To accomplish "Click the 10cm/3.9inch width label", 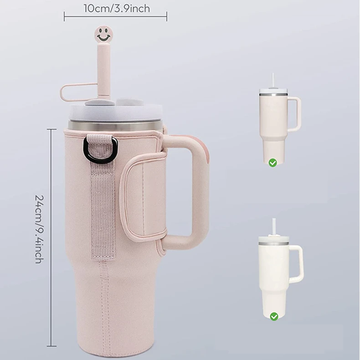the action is (x=117, y=9).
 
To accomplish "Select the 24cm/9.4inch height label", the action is (x=39, y=229).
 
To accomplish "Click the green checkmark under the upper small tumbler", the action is (x=273, y=163).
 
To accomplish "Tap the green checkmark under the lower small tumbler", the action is (x=274, y=316).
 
